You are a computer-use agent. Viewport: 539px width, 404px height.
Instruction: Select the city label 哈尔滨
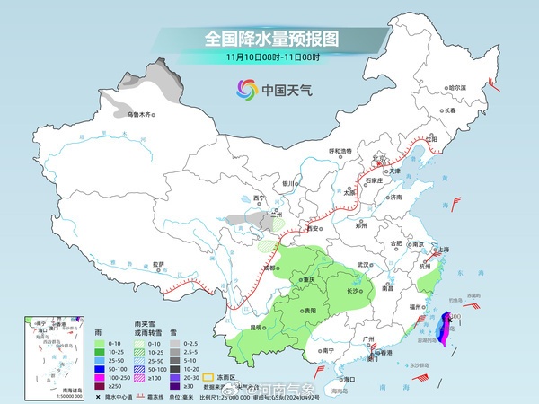[x=458, y=88]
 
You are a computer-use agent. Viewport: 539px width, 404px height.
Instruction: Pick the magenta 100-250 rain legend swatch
[x=94, y=378]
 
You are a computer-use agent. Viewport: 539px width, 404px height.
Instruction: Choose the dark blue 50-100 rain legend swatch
[x=94, y=368]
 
